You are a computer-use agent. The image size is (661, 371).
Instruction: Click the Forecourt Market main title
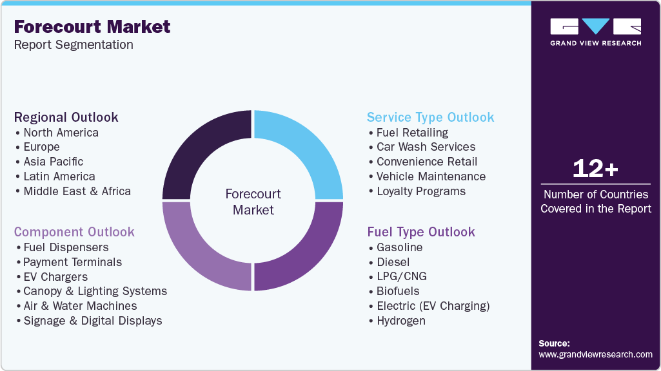[92, 26]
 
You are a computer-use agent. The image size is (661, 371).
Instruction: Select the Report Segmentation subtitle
[74, 45]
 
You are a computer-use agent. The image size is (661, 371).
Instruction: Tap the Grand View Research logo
[595, 32]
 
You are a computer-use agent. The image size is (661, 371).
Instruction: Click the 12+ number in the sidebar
[595, 169]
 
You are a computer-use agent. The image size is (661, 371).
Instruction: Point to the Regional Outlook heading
[66, 117]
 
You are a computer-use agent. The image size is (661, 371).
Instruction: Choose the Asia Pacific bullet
[53, 162]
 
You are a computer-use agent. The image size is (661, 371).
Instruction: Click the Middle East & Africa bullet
[77, 191]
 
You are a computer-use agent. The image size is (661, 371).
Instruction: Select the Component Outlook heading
[74, 232]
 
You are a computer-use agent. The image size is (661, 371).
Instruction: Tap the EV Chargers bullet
[55, 277]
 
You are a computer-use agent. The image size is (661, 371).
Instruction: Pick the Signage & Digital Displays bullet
[92, 321]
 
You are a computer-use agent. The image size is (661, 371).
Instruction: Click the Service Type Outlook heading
[430, 117]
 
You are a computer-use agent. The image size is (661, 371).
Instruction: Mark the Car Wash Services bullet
[426, 147]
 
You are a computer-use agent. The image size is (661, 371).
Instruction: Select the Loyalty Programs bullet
[420, 191]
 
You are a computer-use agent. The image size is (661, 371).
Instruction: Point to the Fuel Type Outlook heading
[421, 232]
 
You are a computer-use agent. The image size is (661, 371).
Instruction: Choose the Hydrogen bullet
[400, 321]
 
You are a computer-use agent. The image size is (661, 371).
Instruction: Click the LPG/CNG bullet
[401, 277]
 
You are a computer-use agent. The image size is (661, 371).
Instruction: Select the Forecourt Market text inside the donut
[253, 202]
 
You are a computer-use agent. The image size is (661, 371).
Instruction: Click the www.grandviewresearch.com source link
[595, 354]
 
